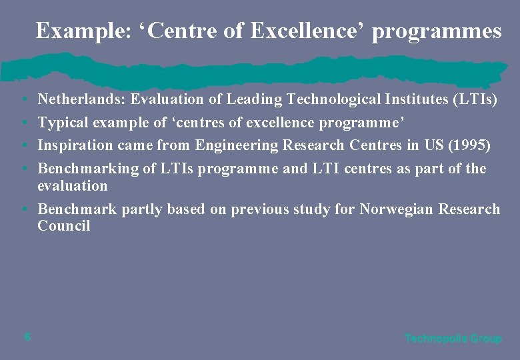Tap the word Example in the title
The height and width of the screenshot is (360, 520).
[x=66, y=31]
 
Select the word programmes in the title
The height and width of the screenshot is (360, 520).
[x=437, y=31]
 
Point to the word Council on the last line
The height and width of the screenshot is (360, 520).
[x=63, y=226]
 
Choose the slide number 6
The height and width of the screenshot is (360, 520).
[x=27, y=337]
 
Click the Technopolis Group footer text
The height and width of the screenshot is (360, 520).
[x=453, y=339]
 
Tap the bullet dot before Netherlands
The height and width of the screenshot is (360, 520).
[x=23, y=101]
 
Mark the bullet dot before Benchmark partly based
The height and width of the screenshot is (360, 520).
[x=23, y=210]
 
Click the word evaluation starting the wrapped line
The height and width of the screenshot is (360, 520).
[x=72, y=185]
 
